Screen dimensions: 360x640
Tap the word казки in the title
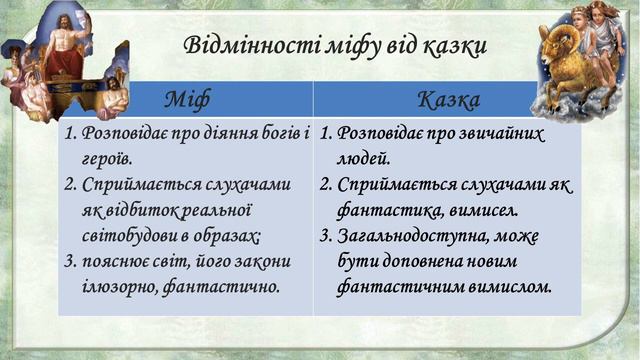pyautogui.click(x=447, y=45)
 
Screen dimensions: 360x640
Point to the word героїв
pyautogui.click(x=107, y=158)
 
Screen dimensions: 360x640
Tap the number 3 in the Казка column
pyautogui.click(x=325, y=236)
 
